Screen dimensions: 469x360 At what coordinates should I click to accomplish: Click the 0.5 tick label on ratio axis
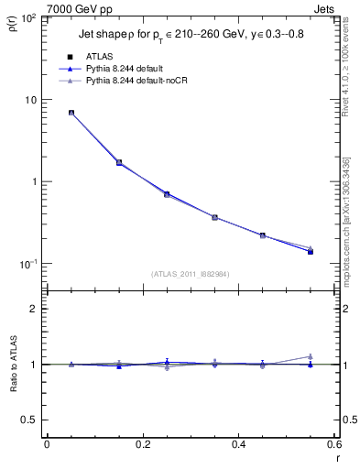30,420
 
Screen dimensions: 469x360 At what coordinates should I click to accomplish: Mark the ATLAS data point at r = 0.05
71,113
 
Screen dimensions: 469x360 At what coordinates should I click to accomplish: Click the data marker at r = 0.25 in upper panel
166,194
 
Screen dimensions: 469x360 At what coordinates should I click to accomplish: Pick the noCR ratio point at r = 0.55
310,356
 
